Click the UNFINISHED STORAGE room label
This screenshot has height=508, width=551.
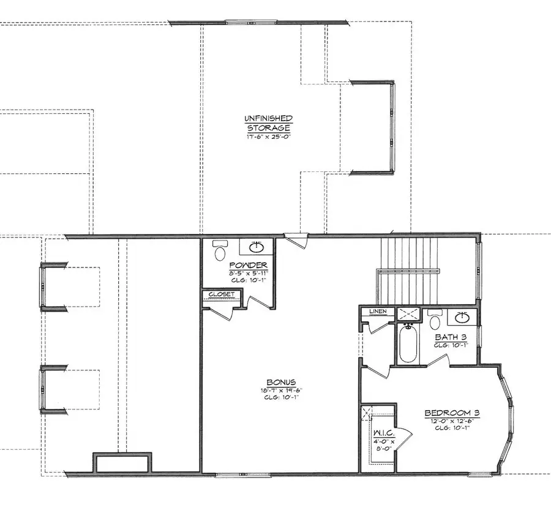(269, 122)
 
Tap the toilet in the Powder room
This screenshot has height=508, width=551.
(220, 250)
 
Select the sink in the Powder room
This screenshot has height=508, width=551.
(257, 247)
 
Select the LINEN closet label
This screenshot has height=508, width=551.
(377, 312)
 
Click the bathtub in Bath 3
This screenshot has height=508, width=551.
(407, 342)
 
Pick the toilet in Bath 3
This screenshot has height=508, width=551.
(435, 320)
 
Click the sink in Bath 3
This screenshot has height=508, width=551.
(462, 318)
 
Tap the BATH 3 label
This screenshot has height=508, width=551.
(452, 337)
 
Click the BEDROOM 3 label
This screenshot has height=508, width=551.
(452, 413)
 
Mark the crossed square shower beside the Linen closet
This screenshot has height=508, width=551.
(407, 315)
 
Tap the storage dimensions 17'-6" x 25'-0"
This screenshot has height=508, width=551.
(269, 136)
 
